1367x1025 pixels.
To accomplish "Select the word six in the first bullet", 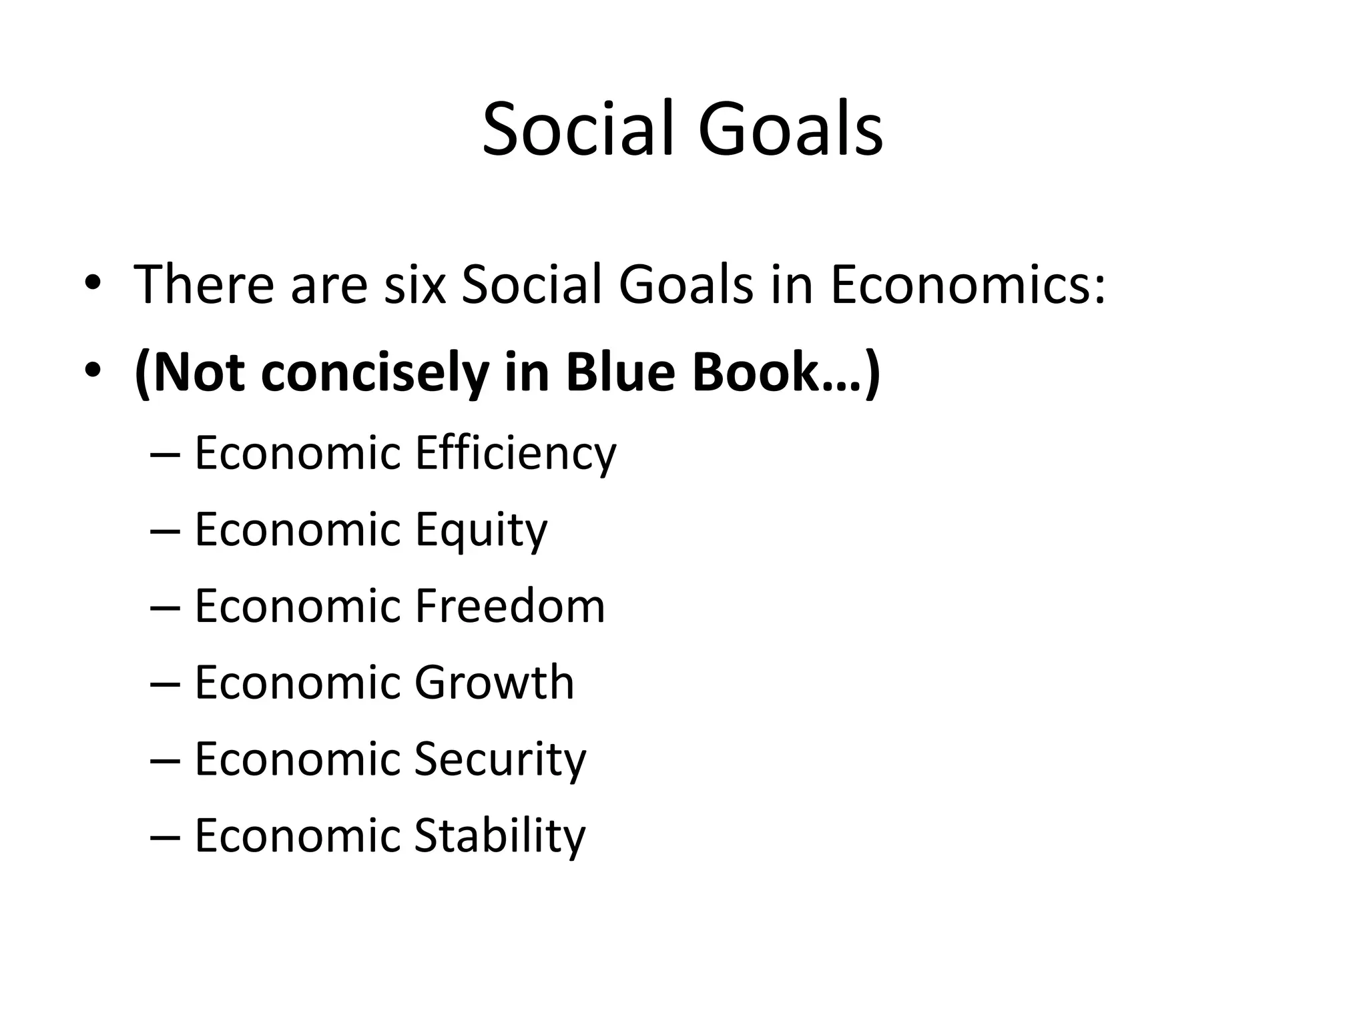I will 415,285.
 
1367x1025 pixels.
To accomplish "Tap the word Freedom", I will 509,607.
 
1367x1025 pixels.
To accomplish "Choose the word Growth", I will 494,683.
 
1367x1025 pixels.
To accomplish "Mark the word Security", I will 500,759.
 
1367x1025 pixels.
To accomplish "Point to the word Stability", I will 499,835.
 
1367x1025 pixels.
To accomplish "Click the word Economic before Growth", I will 297,683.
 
